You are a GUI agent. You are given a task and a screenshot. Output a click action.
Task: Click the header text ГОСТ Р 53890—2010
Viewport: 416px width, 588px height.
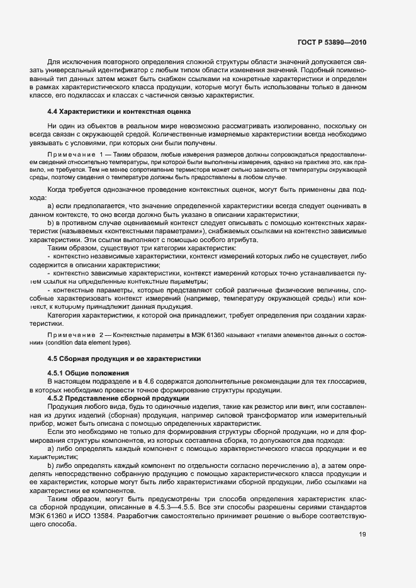coord(332,42)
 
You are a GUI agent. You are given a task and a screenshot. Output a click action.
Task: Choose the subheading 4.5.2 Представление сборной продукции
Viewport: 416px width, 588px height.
coord(117,398)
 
